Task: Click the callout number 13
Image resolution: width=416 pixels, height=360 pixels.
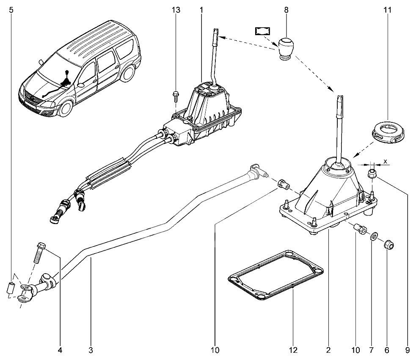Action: coord(176,10)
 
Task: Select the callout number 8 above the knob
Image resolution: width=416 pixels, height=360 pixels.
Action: coord(286,10)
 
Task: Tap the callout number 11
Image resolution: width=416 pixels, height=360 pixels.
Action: coord(388,10)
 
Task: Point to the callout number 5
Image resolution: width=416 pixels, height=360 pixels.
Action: coord(11,10)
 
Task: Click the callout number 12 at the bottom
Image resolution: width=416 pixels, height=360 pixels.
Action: coord(293,350)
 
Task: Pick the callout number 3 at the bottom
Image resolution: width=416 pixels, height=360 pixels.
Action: coord(91,350)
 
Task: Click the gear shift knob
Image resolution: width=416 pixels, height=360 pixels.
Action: coord(286,49)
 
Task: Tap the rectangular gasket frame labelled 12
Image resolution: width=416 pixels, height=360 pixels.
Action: coord(276,275)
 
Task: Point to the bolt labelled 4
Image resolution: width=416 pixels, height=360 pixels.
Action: coord(39,252)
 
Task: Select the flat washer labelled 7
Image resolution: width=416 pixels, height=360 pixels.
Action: coord(374,236)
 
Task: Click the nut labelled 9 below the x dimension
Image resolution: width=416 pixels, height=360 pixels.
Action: coord(372,174)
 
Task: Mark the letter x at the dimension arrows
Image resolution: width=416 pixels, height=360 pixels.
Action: coord(386,161)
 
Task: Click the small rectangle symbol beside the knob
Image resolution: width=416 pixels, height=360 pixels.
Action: coord(262,31)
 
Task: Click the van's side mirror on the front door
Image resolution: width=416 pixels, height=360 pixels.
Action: coord(80,85)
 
